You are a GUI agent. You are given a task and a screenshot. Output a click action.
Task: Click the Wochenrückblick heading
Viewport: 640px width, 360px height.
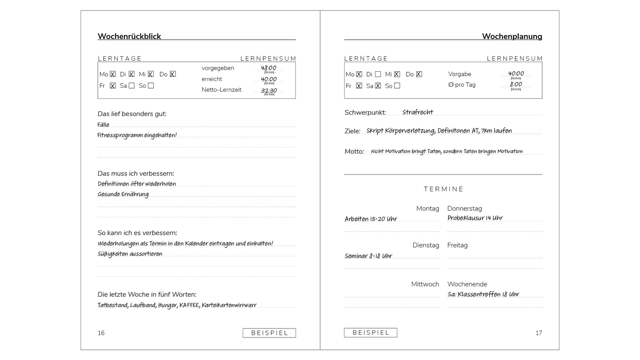point(129,36)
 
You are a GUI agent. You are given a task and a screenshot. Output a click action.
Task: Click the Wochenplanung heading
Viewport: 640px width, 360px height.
point(512,36)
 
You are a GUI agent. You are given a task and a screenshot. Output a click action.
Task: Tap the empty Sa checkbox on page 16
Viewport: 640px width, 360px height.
point(132,85)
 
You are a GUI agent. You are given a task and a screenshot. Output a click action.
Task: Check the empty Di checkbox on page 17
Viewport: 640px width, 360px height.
point(378,74)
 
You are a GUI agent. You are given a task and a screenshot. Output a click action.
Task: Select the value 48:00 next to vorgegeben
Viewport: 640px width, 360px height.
point(268,68)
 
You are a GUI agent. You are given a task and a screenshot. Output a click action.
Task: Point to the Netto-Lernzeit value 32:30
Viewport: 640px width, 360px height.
point(269,90)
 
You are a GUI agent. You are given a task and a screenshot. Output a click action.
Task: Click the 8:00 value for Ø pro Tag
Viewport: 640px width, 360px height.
point(516,84)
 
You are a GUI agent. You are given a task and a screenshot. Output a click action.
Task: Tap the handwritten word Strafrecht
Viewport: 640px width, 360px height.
point(418,112)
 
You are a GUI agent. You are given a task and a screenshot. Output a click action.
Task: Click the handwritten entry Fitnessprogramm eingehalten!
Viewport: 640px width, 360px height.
point(137,135)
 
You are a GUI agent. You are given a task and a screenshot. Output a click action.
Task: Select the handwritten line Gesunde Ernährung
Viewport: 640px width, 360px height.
point(123,194)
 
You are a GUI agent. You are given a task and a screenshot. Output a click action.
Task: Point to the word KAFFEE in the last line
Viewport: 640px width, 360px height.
point(189,305)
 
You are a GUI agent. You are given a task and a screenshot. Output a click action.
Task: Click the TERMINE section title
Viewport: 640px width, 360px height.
point(443,189)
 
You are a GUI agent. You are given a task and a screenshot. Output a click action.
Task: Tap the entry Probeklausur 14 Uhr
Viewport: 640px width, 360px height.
point(475,218)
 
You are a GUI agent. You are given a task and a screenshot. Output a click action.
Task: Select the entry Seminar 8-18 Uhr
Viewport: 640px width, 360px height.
point(368,256)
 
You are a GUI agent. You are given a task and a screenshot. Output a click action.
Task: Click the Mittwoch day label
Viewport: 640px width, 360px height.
point(425,284)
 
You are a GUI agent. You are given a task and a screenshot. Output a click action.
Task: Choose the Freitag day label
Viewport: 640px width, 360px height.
point(458,245)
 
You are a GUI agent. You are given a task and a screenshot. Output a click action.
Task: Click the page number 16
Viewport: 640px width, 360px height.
point(101,333)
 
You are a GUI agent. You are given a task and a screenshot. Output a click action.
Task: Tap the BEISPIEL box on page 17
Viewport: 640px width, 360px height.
point(371,333)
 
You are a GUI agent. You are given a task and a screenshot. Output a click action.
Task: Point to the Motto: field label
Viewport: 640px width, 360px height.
point(354,151)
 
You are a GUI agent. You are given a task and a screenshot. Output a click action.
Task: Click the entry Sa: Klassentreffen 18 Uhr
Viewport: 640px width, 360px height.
point(483,294)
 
